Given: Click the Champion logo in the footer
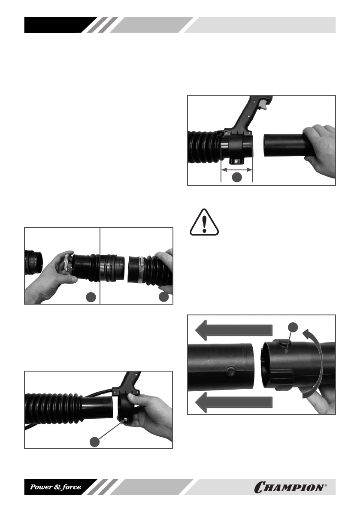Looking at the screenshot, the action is [290, 487].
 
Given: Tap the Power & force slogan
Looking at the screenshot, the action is [55, 487].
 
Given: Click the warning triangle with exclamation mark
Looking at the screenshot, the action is [204, 222].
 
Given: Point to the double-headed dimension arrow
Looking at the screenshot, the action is [237, 169].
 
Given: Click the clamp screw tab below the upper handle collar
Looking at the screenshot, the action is [236, 160].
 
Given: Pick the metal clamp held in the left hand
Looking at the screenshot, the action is [67, 263].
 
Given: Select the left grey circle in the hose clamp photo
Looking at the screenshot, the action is [91, 296].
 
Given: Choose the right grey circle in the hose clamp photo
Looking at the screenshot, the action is [163, 296].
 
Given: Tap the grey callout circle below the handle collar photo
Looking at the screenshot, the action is [94, 441].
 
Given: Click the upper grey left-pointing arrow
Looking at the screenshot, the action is [233, 330].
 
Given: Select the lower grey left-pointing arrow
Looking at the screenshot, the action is [233, 402].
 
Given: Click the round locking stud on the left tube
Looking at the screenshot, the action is [230, 370].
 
